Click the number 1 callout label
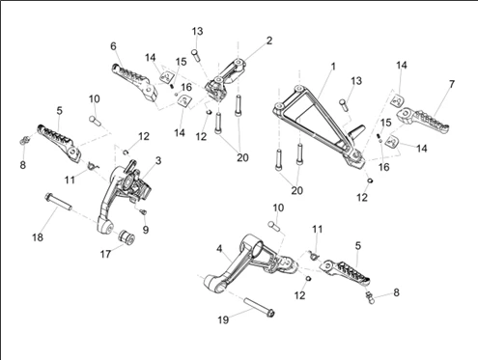point(333,67)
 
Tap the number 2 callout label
point(269,41)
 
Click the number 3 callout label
point(158,160)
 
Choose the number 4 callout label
point(219,249)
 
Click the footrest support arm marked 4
point(248,263)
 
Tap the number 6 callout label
point(113,46)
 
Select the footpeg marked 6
point(134,82)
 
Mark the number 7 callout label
point(452,84)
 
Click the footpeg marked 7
point(423,121)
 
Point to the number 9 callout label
point(146,230)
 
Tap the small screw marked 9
point(143,211)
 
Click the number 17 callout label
point(105,254)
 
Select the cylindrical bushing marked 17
point(127,236)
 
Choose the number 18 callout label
point(38,237)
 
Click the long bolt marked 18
point(59,201)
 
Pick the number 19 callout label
point(223,319)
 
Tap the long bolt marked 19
point(260,308)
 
